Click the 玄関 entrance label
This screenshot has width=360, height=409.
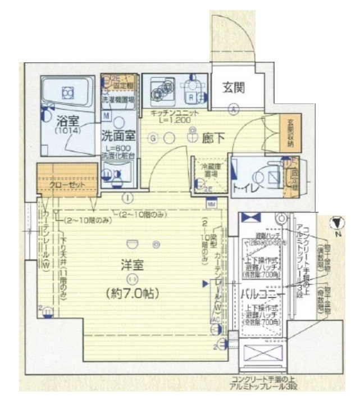[232, 88]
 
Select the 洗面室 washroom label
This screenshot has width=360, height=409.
[118, 135]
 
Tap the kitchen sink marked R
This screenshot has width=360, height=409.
[192, 96]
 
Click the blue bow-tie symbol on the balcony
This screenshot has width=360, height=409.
[250, 217]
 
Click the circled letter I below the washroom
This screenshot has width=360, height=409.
[129, 198]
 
